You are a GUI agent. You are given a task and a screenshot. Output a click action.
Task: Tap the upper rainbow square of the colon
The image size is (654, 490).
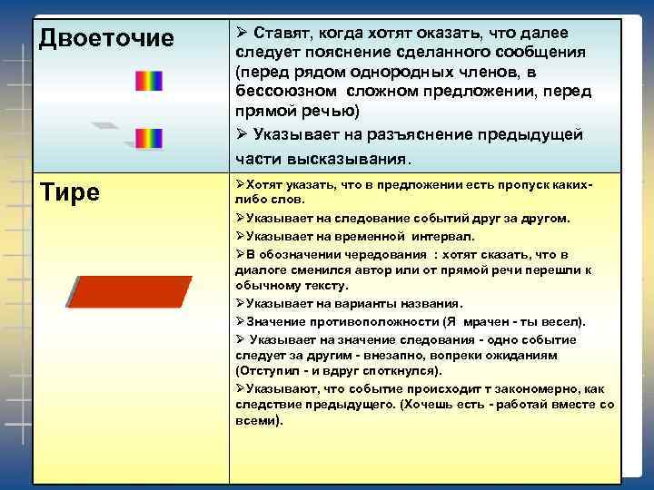coord(148,82)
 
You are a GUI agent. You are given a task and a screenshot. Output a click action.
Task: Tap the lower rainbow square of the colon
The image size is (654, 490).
coord(148,139)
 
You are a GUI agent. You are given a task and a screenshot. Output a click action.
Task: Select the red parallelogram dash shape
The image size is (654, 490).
coord(129,292)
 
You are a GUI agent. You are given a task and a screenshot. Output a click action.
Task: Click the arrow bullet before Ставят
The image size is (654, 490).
coord(241,34)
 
